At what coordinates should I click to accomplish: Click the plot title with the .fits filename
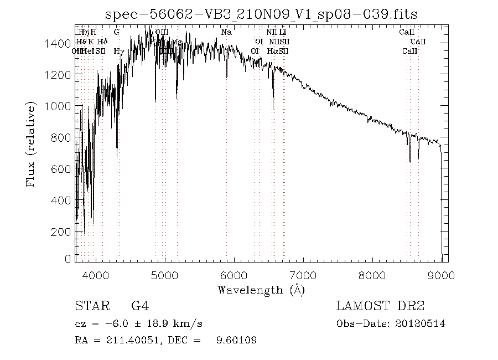tap(261, 13)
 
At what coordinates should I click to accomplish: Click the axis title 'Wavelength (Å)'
tap(261, 289)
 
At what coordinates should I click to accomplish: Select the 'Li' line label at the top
tap(282, 33)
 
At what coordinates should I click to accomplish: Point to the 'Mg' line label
tap(177, 42)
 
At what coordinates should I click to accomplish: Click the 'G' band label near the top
tap(117, 33)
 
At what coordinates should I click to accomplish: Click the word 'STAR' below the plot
tap(89, 306)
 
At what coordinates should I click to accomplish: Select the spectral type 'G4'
tap(139, 306)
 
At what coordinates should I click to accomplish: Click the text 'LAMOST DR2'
tap(380, 306)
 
